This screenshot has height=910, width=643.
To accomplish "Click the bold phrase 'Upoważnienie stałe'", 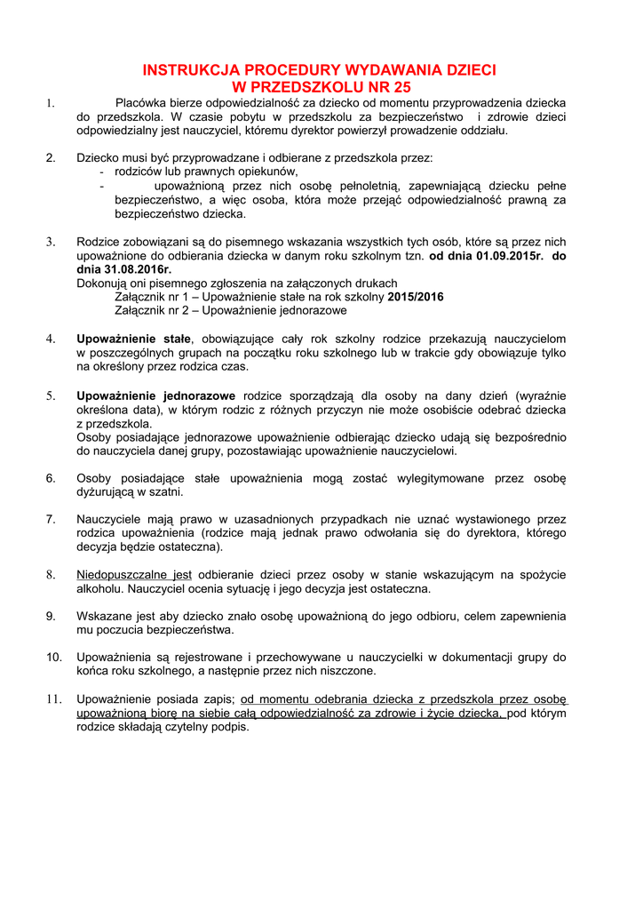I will pos(134,339).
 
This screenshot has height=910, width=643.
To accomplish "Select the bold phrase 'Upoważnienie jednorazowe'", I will pos(156,395).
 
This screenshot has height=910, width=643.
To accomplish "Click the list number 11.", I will pos(52,698).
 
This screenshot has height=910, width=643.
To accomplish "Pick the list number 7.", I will pos(52,519).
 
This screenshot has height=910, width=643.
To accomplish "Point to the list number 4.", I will pos(52,339).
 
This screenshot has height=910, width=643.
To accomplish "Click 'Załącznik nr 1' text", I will pos(152,297).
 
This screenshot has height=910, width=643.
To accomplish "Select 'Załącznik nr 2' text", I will pos(152,311).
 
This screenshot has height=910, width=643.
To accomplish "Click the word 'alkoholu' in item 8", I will pos(100,589).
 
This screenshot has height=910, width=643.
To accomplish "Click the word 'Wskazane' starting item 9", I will pos(104,616).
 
